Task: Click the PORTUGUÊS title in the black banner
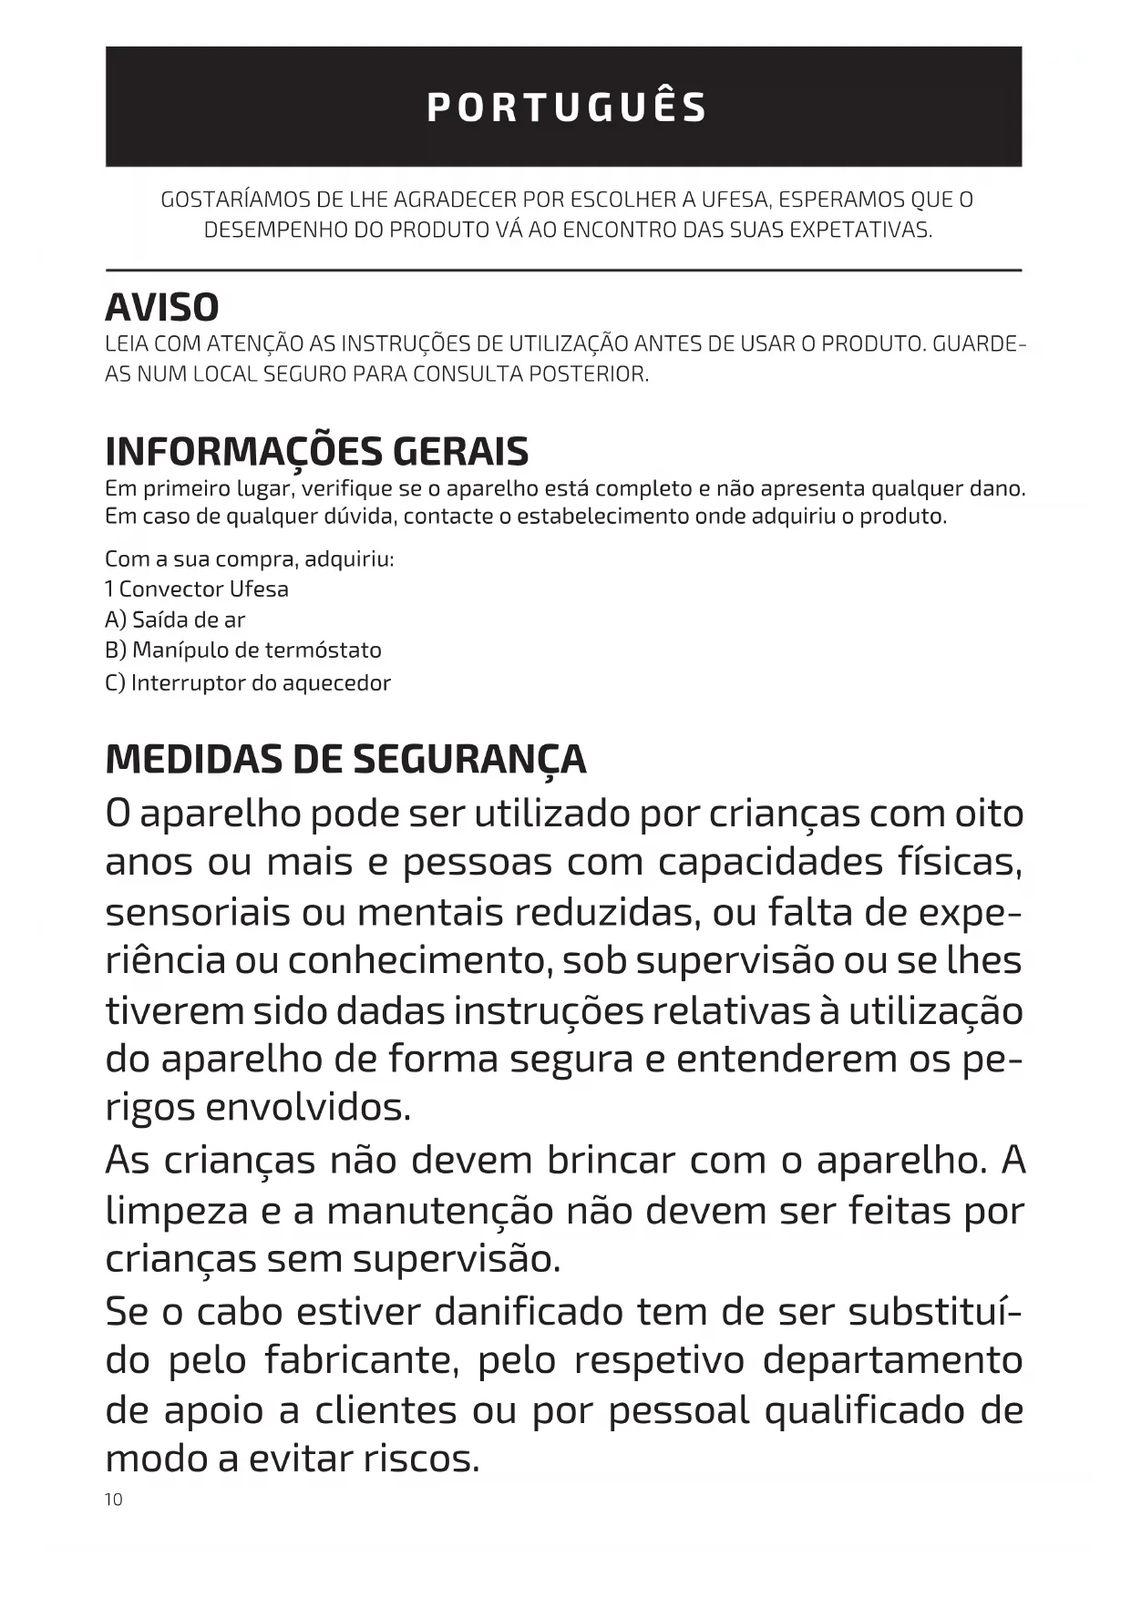(566, 108)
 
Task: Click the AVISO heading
(162, 308)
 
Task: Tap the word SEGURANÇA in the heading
(469, 760)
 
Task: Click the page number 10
(113, 1500)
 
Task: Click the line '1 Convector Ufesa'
(197, 589)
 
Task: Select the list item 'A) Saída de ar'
(175, 620)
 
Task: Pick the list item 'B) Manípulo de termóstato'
(243, 650)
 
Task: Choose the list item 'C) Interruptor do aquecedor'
(248, 683)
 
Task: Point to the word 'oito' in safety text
(988, 814)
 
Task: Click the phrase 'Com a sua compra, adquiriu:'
(250, 559)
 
